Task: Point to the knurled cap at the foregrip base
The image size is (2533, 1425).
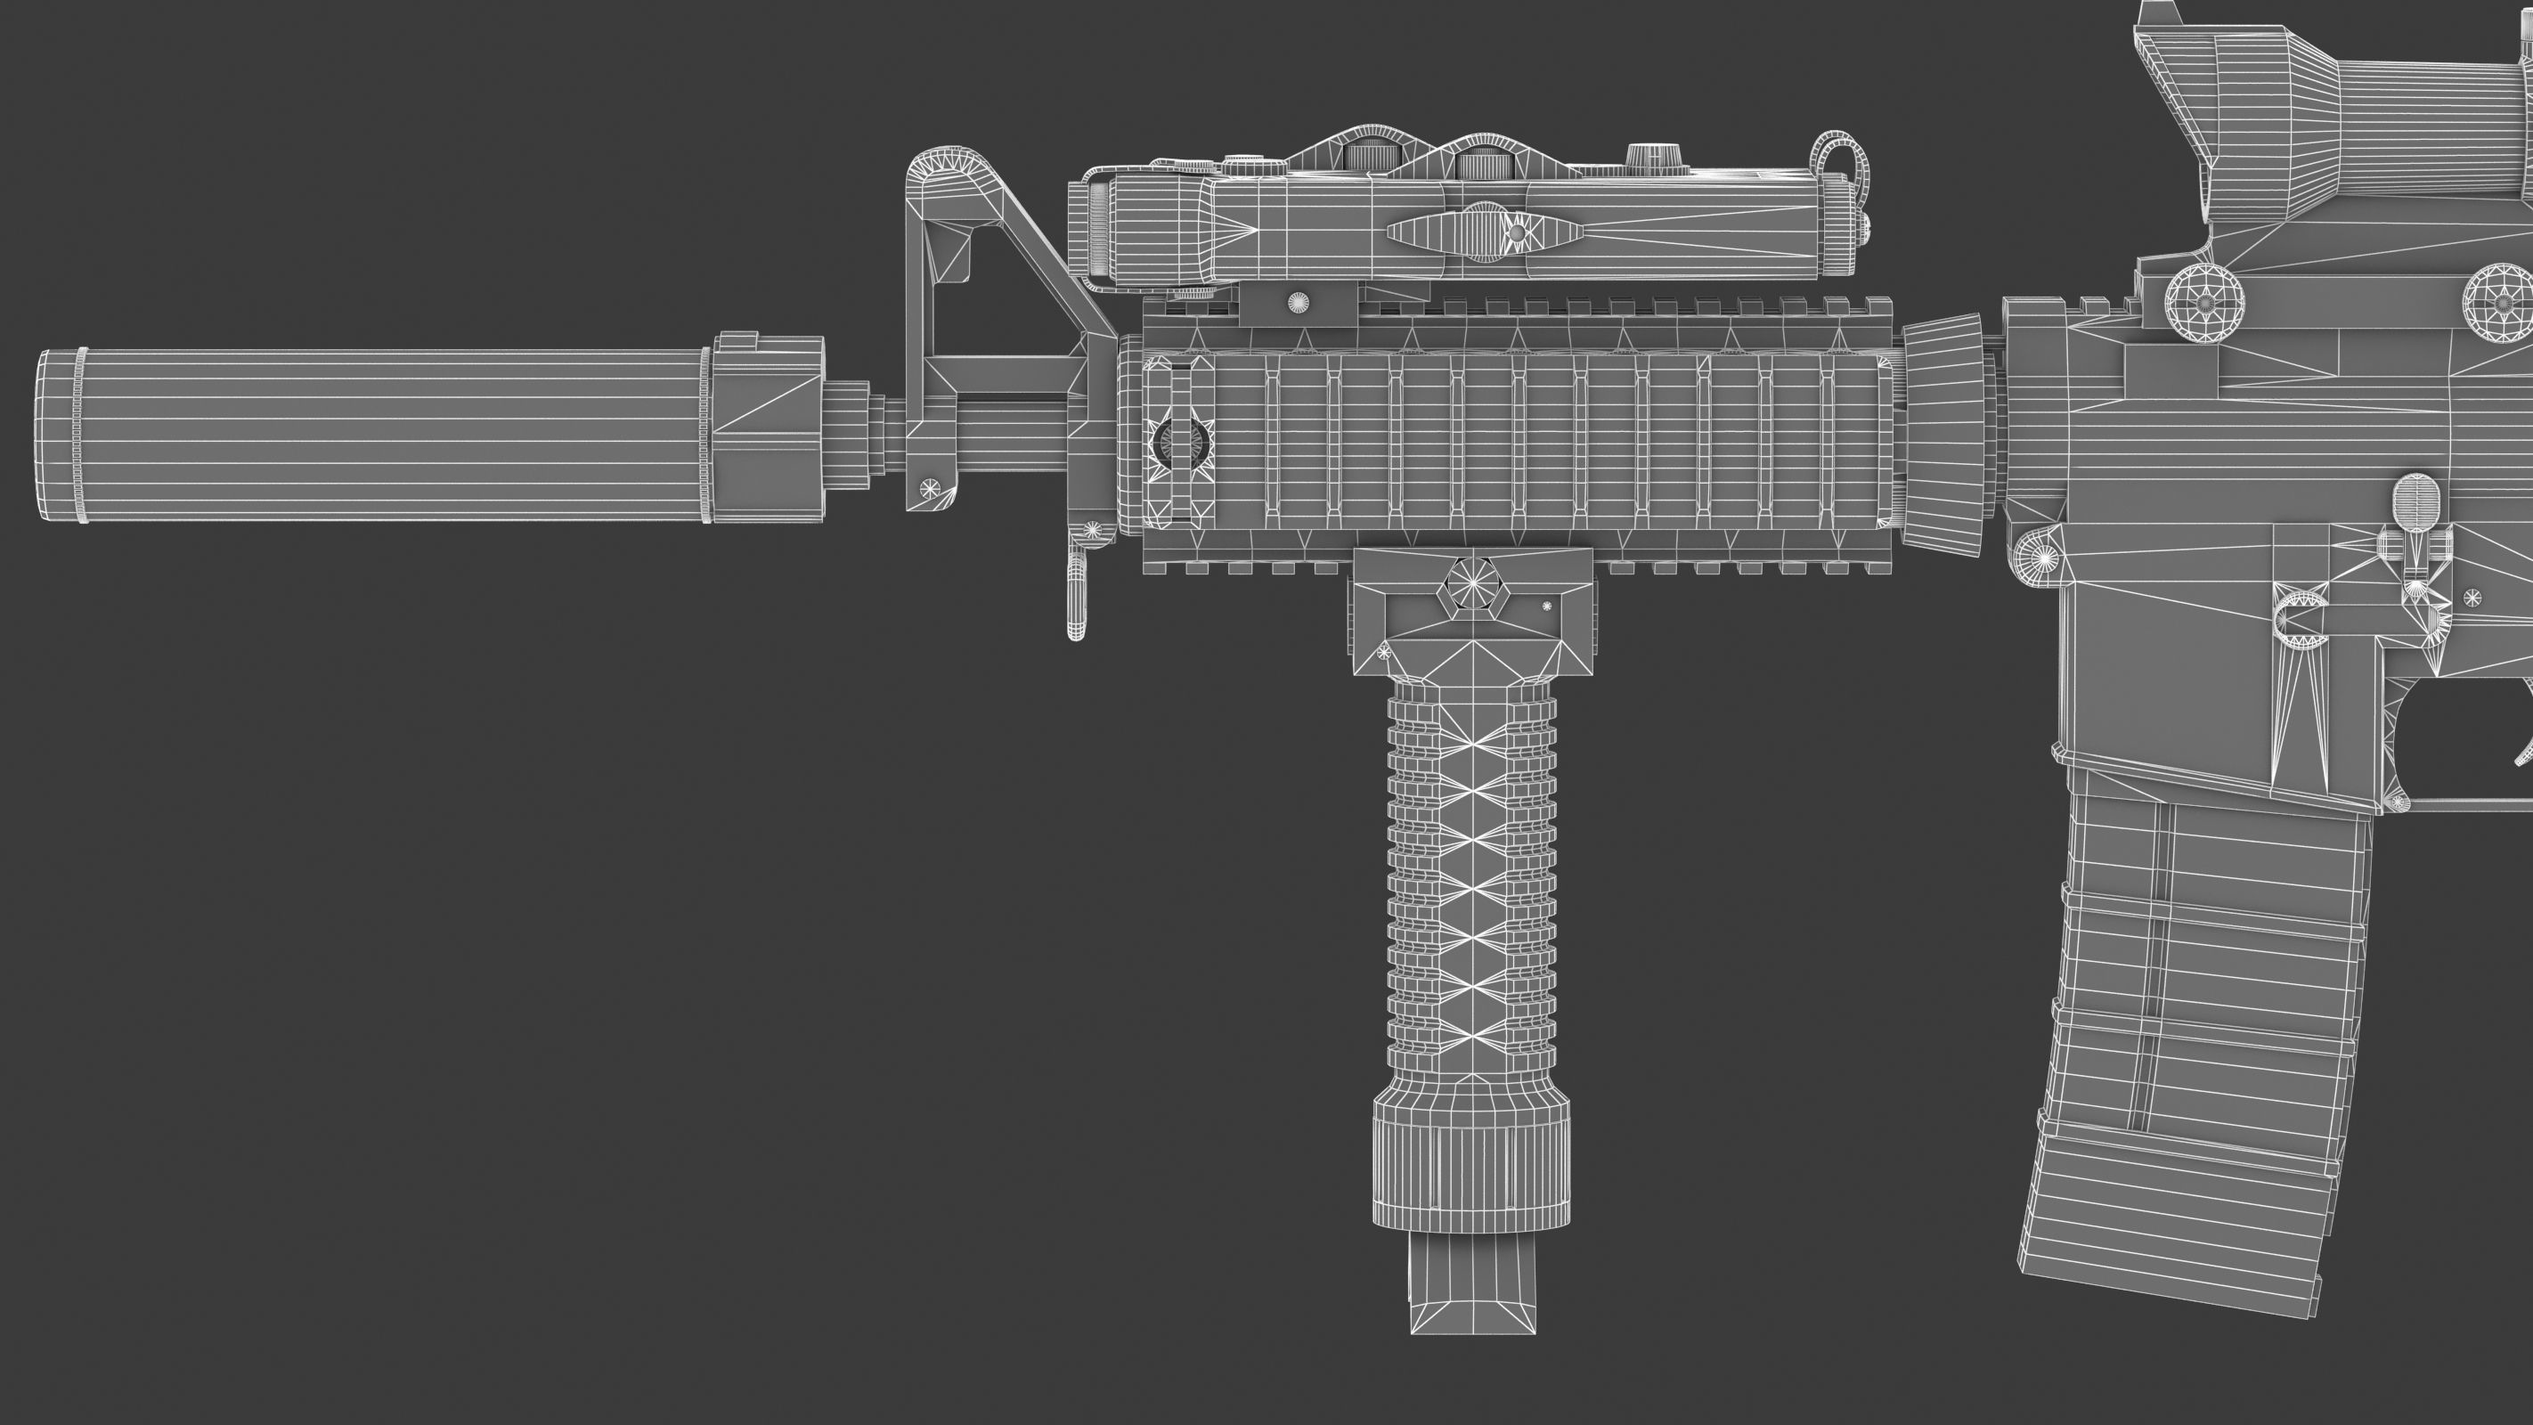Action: [x=1471, y=1160]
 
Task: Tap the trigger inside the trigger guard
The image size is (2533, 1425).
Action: [x=2523, y=753]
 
